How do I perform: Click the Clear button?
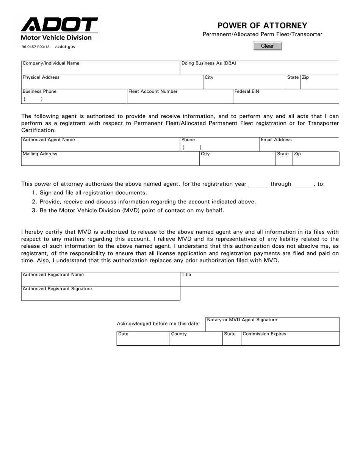click(267, 46)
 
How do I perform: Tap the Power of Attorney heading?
click(262, 25)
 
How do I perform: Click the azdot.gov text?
click(65, 47)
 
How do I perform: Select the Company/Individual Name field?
click(100, 70)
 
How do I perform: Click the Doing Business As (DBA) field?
click(259, 70)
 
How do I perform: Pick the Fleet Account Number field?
click(180, 98)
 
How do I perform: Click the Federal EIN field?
click(286, 98)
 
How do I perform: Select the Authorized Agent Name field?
click(100, 147)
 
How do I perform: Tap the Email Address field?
click(299, 147)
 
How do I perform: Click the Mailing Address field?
click(110, 161)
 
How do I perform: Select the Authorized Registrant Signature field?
click(100, 296)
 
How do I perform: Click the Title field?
click(259, 281)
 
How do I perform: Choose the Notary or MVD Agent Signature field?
click(272, 326)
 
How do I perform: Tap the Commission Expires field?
click(290, 341)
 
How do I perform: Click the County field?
click(196, 341)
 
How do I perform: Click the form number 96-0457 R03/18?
click(36, 47)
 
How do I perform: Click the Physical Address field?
click(112, 84)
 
